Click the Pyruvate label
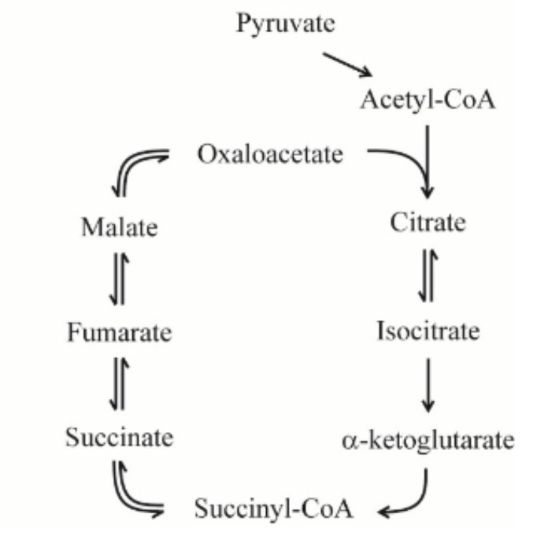pos(285,24)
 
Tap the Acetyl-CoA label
pos(428,100)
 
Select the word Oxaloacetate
pos(270,153)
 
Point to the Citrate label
pos(428,223)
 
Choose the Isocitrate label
pos(428,331)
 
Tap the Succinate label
pos(119,437)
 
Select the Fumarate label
pos(119,332)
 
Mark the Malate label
pos(119,228)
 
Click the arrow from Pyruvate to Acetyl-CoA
pos(347,65)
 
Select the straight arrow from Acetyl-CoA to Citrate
pos(428,157)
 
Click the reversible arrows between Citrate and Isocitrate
pos(428,276)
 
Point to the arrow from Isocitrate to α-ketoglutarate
pos(428,385)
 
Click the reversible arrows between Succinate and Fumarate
pos(120,385)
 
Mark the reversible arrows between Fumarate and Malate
pos(120,280)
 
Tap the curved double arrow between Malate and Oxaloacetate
pos(134,168)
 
